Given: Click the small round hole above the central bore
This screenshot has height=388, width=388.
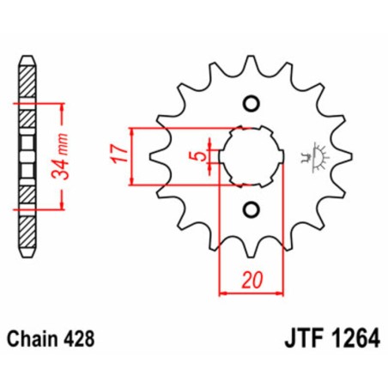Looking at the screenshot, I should tap(252, 105).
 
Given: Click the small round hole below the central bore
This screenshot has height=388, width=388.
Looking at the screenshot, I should tap(252, 209).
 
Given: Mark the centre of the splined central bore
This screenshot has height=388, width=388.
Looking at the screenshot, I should tap(252, 156).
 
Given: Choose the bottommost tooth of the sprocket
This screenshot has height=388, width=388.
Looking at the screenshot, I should tap(251, 250).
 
